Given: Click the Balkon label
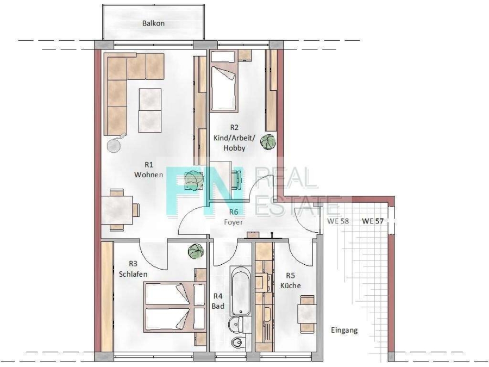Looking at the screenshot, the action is coord(153,23).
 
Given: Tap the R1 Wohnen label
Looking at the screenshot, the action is coord(149,170).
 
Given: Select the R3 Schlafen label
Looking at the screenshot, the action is coord(133,269).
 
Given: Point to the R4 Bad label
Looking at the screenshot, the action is coord(218,301).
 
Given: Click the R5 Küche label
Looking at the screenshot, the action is coord(291,281).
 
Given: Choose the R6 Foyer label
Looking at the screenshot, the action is coord(234,217).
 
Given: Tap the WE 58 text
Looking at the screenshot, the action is coord(338,221).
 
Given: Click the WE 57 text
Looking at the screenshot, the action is coord(373,221).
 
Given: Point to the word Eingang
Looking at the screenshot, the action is coord(344,330).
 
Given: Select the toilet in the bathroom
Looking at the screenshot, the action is coord(238,343).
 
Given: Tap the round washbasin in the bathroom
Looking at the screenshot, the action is coord(235,325).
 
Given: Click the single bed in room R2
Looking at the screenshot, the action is coord(224,88).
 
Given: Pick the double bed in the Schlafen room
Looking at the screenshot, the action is coord(175,307).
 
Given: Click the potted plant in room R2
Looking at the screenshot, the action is coord(268,142).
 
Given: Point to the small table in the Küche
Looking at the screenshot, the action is coord(308,314).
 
